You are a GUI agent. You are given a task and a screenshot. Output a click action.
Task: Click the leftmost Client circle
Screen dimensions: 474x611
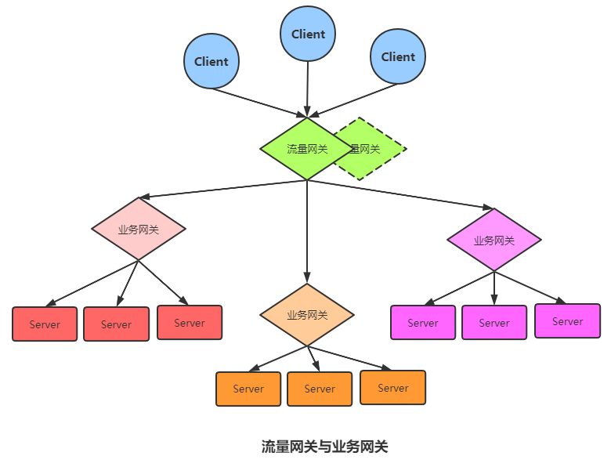pyautogui.click(x=211, y=62)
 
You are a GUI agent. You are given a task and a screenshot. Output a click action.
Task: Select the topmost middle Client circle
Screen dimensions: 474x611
pyautogui.click(x=308, y=34)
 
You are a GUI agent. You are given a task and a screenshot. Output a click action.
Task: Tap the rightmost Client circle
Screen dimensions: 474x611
pyautogui.click(x=398, y=56)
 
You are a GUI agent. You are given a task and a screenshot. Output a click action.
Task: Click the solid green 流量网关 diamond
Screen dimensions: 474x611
pyautogui.click(x=302, y=149)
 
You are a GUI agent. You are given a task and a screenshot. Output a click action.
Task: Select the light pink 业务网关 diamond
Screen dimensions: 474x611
pyautogui.click(x=139, y=229)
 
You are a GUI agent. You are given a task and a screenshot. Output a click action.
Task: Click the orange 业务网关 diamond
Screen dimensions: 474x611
pyautogui.click(x=307, y=315)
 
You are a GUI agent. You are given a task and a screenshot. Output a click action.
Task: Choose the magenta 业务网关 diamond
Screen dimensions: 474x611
pyautogui.click(x=494, y=240)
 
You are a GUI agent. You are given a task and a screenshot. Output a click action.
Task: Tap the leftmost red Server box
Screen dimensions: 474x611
pyautogui.click(x=45, y=324)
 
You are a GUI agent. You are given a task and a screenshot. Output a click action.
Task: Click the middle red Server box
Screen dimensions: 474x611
pyautogui.click(x=116, y=324)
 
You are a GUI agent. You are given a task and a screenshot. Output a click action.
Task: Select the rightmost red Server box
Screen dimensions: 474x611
pyautogui.click(x=190, y=322)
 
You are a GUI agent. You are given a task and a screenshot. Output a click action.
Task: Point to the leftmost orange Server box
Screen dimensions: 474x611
pyautogui.click(x=248, y=389)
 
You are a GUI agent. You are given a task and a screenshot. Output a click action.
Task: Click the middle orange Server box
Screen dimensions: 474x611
pyautogui.click(x=320, y=389)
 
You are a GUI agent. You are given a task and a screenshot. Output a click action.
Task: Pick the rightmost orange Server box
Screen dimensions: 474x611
pyautogui.click(x=393, y=387)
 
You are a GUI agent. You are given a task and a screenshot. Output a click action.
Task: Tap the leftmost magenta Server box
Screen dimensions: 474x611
pyautogui.click(x=423, y=322)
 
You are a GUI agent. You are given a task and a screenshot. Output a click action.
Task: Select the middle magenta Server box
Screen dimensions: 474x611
pyautogui.click(x=494, y=322)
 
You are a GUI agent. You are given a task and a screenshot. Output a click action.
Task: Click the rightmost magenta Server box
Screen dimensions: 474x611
pyautogui.click(x=568, y=320)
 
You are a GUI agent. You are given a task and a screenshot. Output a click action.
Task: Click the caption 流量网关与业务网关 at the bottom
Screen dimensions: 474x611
pyautogui.click(x=325, y=447)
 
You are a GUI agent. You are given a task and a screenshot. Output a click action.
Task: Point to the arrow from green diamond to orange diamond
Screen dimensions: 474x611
pyautogui.click(x=307, y=231)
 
